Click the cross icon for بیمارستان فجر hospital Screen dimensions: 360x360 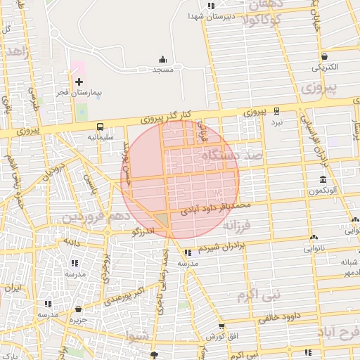click(79, 82)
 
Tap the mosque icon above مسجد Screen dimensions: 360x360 click(163, 60)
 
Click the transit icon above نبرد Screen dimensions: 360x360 click(276, 110)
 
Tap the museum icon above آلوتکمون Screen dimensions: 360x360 click(322, 180)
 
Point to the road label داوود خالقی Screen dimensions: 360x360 click(286, 317)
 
